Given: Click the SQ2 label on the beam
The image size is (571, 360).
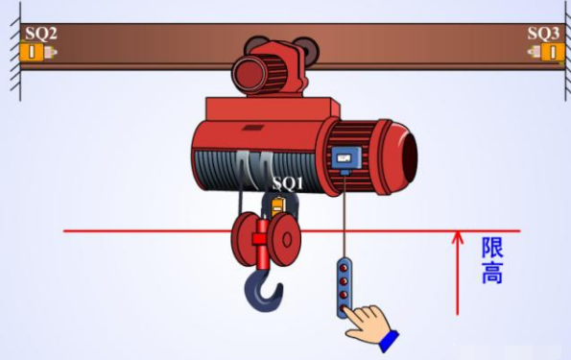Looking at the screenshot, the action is pyautogui.click(x=40, y=34).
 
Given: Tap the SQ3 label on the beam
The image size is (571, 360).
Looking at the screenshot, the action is pyautogui.click(x=543, y=34).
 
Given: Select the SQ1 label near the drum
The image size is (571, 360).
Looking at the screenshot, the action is pyautogui.click(x=288, y=183).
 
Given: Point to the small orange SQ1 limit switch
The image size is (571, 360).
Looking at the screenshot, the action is pyautogui.click(x=278, y=206).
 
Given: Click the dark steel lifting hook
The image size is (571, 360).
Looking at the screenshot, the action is pyautogui.click(x=263, y=289).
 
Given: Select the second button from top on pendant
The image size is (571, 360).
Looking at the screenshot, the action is pyautogui.click(x=344, y=281).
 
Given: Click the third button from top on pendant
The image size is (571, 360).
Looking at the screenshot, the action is pyautogui.click(x=344, y=295).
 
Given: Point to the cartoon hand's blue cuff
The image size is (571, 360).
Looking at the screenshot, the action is pyautogui.click(x=389, y=341).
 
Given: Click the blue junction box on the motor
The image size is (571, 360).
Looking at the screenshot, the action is pyautogui.click(x=346, y=158).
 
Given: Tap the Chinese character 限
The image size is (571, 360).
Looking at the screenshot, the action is pyautogui.click(x=492, y=248).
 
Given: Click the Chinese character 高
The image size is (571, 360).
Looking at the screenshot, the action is pyautogui.click(x=492, y=273).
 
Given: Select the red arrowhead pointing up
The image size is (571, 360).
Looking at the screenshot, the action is pyautogui.click(x=458, y=237).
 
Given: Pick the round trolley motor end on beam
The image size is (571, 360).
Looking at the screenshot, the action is pyautogui.click(x=249, y=75).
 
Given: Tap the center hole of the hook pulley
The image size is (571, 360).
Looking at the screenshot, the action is pyautogui.click(x=287, y=241).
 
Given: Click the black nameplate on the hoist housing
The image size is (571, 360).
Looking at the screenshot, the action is pyautogui.click(x=252, y=128).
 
